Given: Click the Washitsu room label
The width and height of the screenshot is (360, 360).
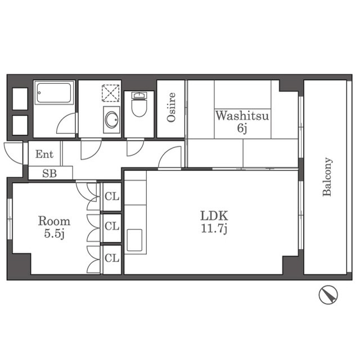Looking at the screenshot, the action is pyautogui.click(x=242, y=115).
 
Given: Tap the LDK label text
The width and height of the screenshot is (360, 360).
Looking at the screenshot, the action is pyautogui.click(x=214, y=216).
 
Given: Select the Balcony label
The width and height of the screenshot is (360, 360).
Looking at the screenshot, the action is pyautogui.click(x=327, y=177).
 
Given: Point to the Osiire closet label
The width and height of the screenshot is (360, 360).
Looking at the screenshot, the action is pyautogui.click(x=171, y=107).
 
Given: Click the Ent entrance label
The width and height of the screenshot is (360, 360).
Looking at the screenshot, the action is pyautogui.click(x=44, y=154).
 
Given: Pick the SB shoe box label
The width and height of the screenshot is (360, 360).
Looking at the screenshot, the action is pyautogui.click(x=49, y=173).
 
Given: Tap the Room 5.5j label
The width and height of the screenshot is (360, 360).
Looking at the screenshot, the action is pyautogui.click(x=54, y=227).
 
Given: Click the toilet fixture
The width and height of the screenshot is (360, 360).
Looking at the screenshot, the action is pyautogui.click(x=139, y=105).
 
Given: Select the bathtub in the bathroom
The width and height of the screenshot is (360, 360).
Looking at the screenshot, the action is pyautogui.click(x=54, y=93).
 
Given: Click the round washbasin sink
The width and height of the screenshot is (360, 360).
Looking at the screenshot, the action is pyautogui.click(x=111, y=120).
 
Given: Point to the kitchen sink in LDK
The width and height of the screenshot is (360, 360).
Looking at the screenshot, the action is pyautogui.click(x=134, y=240).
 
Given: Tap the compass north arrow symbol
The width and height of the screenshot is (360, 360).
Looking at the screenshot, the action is pyautogui.click(x=328, y=295).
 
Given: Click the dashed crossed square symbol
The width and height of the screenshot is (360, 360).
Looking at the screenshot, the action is pyautogui.click(x=111, y=93).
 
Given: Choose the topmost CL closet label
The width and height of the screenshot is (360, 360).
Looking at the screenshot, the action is pyautogui.click(x=112, y=196).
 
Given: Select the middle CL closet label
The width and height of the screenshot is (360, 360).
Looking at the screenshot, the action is pyautogui.click(x=112, y=226).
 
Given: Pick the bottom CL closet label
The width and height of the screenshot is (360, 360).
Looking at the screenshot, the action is pyautogui.click(x=112, y=258).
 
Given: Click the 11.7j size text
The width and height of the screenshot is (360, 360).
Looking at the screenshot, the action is pyautogui.click(x=214, y=229).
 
